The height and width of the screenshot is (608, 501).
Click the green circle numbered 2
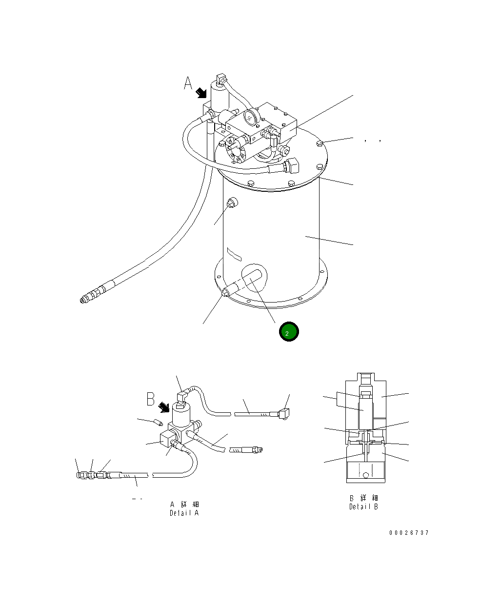coord(288,332)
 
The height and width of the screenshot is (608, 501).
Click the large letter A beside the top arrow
coord(188,83)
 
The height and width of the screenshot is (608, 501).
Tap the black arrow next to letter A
coord(201,93)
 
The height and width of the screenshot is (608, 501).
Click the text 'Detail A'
coord(184,513)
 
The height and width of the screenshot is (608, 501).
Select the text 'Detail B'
coord(363,507)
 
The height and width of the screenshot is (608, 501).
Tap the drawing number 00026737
coord(409,533)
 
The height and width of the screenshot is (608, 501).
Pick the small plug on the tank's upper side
coord(231,203)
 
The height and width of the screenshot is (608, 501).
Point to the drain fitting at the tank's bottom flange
coord(225,293)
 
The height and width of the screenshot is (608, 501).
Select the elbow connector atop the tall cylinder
coord(220,79)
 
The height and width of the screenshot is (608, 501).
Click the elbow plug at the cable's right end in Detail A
coord(284,413)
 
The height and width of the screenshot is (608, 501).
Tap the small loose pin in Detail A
coord(158,421)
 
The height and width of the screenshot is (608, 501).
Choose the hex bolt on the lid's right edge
coord(319,143)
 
